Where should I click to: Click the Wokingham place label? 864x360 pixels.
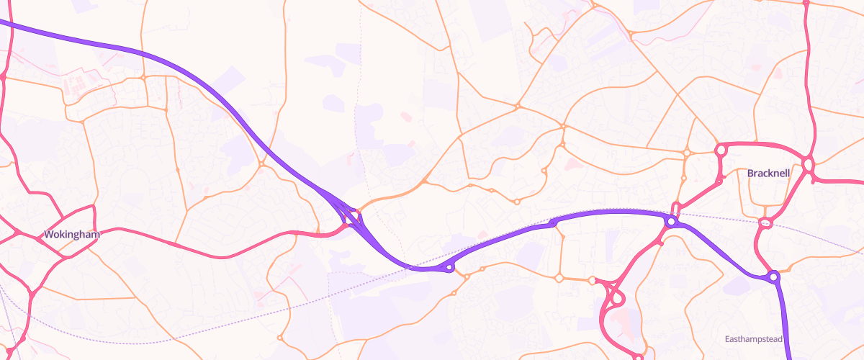click(71, 235)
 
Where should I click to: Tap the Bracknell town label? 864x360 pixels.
click(769, 174)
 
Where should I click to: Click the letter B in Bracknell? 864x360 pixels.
click(751, 174)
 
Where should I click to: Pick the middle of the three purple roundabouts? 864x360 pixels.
click(671, 222)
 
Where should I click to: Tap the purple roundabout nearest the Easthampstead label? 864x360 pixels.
click(773, 276)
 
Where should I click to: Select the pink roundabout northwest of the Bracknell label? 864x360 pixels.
click(719, 150)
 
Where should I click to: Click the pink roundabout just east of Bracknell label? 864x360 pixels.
click(808, 165)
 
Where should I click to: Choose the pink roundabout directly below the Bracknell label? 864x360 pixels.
click(765, 223)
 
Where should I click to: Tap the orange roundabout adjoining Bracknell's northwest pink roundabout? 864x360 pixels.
click(687, 152)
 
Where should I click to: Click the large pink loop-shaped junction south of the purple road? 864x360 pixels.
click(613, 302)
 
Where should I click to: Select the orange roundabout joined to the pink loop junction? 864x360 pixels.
click(592, 280)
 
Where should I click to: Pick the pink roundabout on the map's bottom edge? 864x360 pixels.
click(638, 356)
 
